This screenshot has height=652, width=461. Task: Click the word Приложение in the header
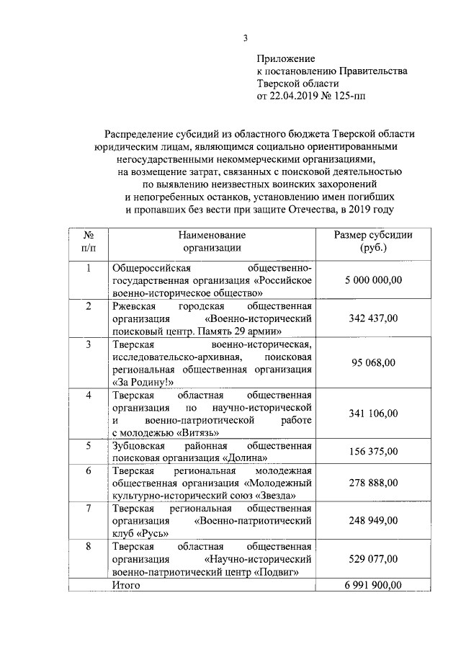point(286,58)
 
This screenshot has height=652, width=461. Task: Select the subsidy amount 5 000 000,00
point(373,280)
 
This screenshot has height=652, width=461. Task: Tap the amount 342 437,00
point(373,318)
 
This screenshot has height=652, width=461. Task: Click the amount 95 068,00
point(373,362)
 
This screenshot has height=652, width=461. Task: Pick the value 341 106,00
point(373,413)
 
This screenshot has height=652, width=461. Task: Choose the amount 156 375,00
point(373,451)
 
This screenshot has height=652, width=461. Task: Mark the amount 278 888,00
point(373,482)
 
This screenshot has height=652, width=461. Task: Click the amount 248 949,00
point(373,520)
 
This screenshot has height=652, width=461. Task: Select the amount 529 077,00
point(373,558)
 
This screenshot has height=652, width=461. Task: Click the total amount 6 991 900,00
point(373,585)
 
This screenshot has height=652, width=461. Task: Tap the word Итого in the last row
point(127,585)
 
